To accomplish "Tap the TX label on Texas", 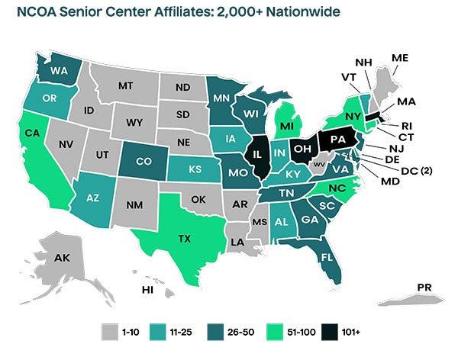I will [185, 239].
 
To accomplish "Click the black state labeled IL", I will [260, 155].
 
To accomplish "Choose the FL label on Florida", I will [325, 257].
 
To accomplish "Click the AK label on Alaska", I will [63, 257].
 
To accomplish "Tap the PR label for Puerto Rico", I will [426, 287].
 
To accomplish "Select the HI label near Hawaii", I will [148, 290].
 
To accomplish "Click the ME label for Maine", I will [400, 58].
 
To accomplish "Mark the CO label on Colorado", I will [140, 161].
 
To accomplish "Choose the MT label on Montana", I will [127, 86].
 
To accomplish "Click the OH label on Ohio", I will [302, 148].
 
